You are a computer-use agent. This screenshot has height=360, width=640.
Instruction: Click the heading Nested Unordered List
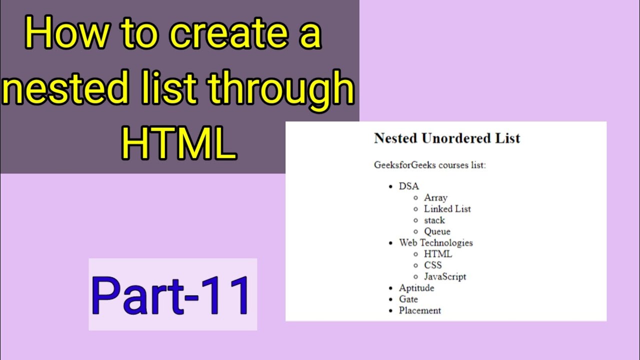click(x=447, y=138)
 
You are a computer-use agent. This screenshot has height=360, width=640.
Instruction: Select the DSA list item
click(x=409, y=186)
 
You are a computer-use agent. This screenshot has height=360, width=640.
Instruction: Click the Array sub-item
click(x=435, y=197)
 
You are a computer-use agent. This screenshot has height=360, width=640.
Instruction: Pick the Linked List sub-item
click(x=447, y=209)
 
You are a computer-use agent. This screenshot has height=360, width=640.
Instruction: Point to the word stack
click(x=434, y=220)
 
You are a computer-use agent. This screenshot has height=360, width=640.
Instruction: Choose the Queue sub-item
click(x=437, y=231)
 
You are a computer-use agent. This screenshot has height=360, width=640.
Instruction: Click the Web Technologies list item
click(x=435, y=242)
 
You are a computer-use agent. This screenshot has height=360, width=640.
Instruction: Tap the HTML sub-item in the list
click(x=437, y=254)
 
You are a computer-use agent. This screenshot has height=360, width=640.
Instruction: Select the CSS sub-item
click(x=432, y=265)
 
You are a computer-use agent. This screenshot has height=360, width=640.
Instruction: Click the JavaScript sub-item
click(x=445, y=276)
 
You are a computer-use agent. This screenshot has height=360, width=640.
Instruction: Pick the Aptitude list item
click(x=416, y=288)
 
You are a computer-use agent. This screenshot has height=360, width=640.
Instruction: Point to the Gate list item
click(x=408, y=299)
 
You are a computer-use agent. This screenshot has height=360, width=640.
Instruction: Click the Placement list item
click(x=420, y=310)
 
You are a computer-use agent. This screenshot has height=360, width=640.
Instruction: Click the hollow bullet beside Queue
click(x=415, y=231)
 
